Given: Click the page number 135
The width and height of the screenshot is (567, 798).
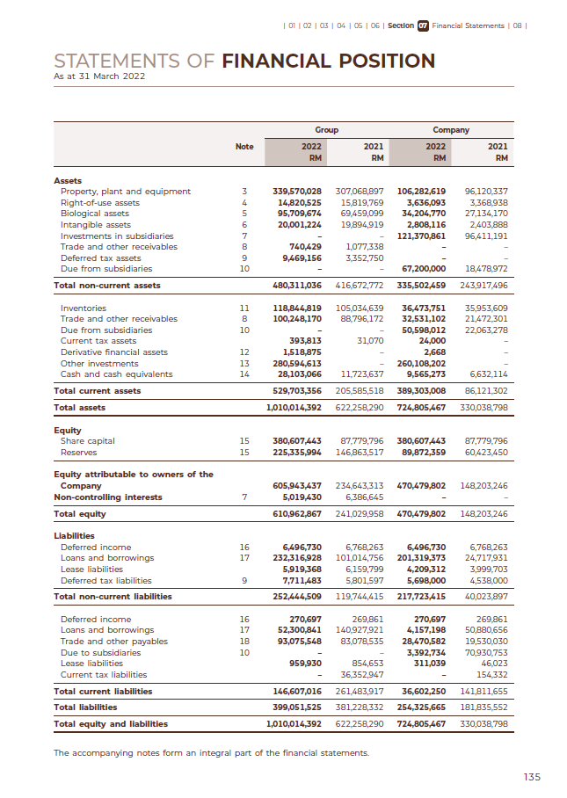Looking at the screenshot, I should (x=532, y=776).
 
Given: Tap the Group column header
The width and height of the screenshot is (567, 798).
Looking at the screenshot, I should (x=326, y=130).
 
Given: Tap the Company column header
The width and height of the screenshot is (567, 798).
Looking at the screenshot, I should (x=451, y=130).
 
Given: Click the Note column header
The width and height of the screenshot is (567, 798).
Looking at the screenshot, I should (x=244, y=147).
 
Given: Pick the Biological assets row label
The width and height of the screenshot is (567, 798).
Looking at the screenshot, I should (x=94, y=214).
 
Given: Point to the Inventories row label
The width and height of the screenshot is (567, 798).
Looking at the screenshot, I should (x=83, y=308).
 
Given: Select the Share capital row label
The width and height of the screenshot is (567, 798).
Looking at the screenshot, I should (x=87, y=440).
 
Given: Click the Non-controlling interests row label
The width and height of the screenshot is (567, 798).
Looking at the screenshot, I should (x=106, y=497).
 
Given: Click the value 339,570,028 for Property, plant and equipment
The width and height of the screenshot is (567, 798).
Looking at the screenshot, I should (x=297, y=191).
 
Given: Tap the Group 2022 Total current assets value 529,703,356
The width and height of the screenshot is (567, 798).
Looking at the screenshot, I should (x=297, y=390).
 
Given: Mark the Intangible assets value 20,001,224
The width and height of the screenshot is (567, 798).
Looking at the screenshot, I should (x=300, y=224).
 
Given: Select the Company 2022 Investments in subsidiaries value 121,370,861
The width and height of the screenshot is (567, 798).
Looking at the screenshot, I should (x=422, y=236).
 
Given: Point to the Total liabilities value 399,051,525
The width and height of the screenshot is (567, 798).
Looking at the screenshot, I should (x=297, y=707).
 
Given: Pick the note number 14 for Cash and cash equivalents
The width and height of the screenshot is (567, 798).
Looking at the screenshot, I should (x=244, y=374).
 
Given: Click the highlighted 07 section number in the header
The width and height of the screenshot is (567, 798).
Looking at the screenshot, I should (x=423, y=25).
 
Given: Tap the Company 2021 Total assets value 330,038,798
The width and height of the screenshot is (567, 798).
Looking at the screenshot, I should (x=484, y=408).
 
